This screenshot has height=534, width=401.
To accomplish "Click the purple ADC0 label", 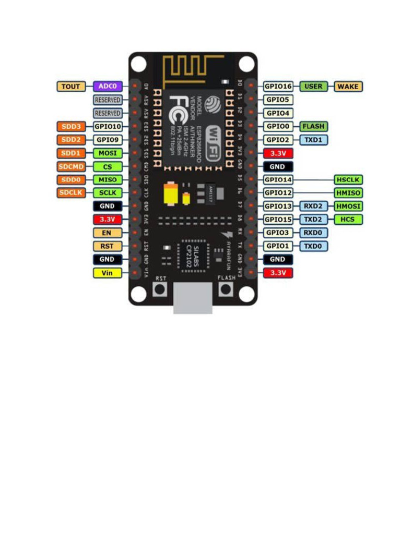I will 107,86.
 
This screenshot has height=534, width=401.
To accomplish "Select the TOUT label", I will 70,86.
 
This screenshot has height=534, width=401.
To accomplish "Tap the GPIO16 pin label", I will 278,86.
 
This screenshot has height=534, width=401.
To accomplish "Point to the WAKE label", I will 348,86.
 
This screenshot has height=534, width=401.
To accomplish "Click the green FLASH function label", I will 313,126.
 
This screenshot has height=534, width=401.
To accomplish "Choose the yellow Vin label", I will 107,273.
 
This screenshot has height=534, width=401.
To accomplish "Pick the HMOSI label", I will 348,206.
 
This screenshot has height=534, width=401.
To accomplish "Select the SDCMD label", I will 70,166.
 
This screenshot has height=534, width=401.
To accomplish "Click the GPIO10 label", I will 108,126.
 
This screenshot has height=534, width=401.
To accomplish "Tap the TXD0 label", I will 313,246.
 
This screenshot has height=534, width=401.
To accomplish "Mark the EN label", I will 107,233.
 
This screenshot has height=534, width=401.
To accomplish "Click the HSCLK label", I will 348,179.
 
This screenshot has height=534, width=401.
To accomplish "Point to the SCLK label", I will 108,193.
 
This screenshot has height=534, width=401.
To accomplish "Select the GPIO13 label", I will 278,206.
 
